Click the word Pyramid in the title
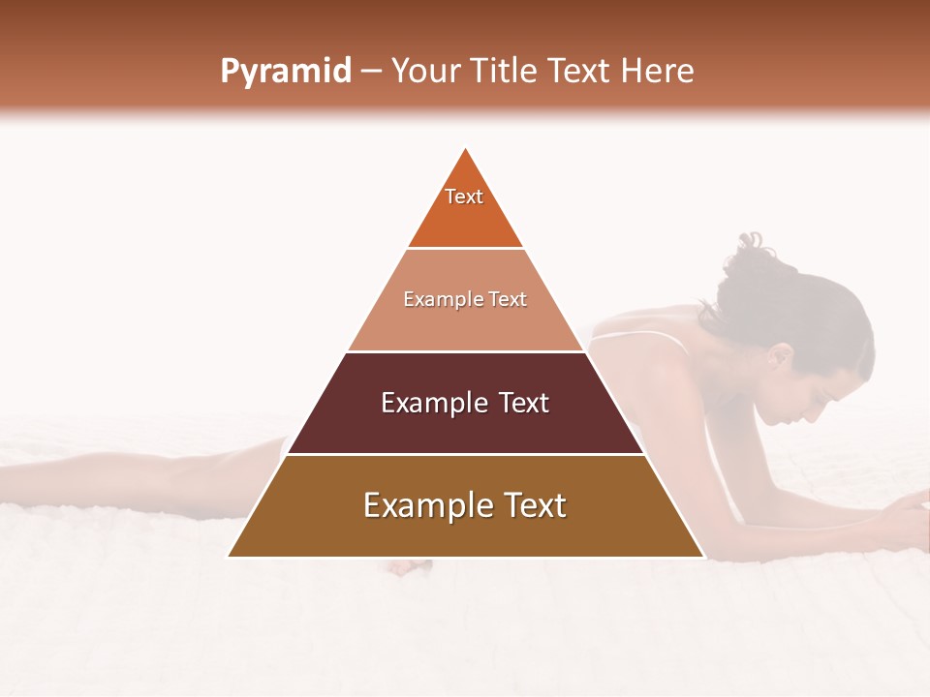click(x=286, y=71)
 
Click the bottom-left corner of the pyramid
click(x=230, y=556)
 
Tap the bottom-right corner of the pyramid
click(x=702, y=556)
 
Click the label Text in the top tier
click(x=464, y=197)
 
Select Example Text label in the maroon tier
click(x=465, y=403)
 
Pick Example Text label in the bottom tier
click(x=465, y=505)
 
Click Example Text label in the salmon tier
click(x=465, y=299)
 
